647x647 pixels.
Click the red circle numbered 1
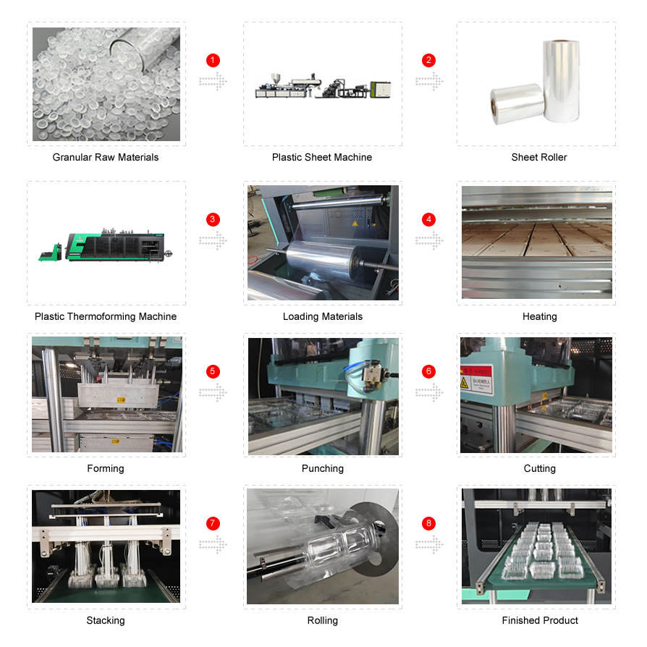point(213,60)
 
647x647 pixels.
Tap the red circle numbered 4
point(429,219)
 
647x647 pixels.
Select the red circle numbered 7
point(213,523)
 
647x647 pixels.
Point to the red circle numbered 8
point(429,523)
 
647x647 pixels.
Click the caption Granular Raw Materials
point(106,157)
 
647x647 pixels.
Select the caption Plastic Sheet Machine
point(322,157)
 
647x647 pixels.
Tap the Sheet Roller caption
point(539,157)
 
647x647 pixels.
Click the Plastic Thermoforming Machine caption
point(106,316)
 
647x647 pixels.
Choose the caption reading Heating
point(539,316)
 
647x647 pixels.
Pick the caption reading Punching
point(322,468)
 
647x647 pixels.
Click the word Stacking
point(106,620)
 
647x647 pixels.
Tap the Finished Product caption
point(540,620)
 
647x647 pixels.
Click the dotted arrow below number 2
point(429,81)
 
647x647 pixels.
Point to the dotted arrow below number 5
point(213,392)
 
